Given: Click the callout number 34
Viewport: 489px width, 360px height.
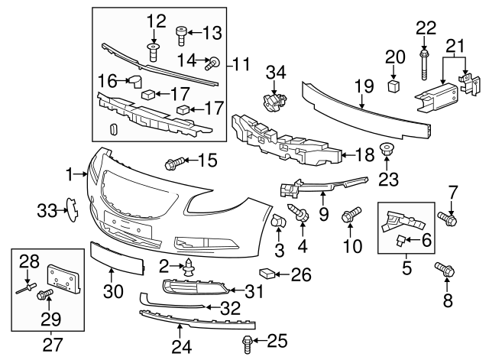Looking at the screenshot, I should click(275, 72).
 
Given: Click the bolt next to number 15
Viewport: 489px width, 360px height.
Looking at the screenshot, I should click(173, 162).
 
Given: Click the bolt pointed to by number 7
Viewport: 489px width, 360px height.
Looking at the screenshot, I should click(448, 219).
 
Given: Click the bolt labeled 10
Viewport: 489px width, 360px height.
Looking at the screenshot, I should click(352, 216).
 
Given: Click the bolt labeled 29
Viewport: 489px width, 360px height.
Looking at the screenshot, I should click(46, 294).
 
